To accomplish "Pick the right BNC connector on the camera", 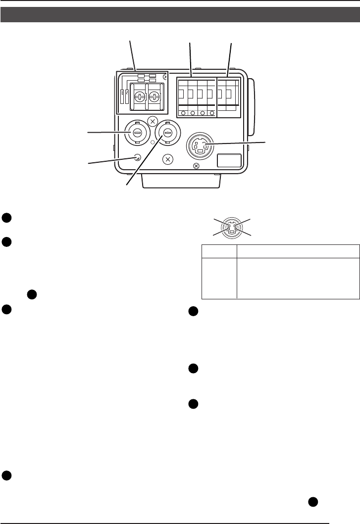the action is click(167, 133).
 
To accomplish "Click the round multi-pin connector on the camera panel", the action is click(201, 146).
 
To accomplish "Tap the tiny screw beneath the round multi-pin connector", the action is click(196, 166).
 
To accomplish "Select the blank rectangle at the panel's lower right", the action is click(229, 161).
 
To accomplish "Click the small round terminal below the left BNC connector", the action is click(138, 158).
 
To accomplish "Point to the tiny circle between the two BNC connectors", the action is click(153, 143).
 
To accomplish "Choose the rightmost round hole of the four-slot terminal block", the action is click(211, 113).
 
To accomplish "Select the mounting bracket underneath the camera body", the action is click(180, 182).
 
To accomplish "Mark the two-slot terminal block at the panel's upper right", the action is click(229, 97).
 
